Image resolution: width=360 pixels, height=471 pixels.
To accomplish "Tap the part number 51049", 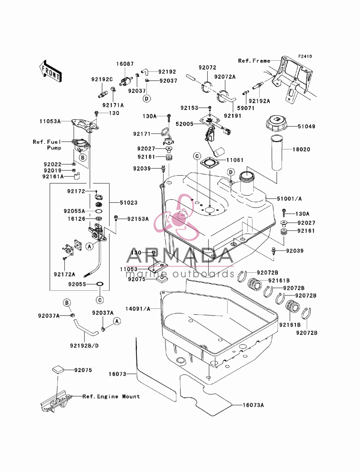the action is pyautogui.click(x=306, y=126).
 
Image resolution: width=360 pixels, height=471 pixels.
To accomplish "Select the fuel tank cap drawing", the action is pyautogui.click(x=276, y=124).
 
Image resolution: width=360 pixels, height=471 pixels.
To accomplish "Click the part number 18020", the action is pyautogui.click(x=301, y=149).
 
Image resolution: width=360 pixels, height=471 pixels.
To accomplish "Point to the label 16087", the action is pyautogui.click(x=125, y=64).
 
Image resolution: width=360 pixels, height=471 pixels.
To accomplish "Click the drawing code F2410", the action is pyautogui.click(x=305, y=56).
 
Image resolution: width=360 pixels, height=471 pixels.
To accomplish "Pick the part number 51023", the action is pyautogui.click(x=129, y=203).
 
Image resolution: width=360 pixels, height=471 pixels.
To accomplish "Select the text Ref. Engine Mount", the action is pyautogui.click(x=111, y=396).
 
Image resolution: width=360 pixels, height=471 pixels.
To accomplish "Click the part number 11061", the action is pyautogui.click(x=235, y=160).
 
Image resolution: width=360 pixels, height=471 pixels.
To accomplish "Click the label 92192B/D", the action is pyautogui.click(x=84, y=346).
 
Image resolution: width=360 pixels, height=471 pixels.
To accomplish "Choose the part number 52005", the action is pyautogui.click(x=185, y=124).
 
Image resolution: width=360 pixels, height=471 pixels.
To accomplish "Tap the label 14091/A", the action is pyautogui.click(x=138, y=309).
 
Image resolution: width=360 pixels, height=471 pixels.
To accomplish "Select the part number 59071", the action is pyautogui.click(x=246, y=108).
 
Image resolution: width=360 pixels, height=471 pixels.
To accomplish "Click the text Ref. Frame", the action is pyautogui.click(x=254, y=61).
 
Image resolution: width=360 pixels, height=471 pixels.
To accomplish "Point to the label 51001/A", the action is pyautogui.click(x=289, y=199).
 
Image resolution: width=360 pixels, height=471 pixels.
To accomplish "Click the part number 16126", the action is pyautogui.click(x=76, y=219).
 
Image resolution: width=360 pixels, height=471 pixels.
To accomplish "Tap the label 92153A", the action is pyautogui.click(x=138, y=219).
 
